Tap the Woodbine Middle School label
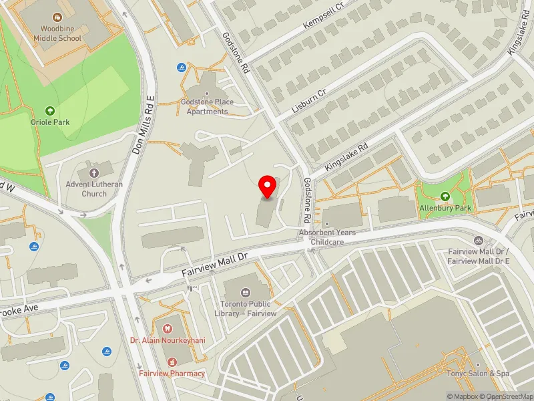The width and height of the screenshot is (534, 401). click(x=61, y=34)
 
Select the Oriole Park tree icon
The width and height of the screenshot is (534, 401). click(x=49, y=110)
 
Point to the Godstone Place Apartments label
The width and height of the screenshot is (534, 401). click(x=207, y=106)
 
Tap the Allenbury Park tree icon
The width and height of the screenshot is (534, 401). click(x=445, y=196)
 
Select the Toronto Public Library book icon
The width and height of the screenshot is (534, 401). click(x=246, y=293)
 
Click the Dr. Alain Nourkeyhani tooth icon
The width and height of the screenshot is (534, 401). click(x=167, y=328)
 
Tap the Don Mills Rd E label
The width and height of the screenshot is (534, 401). click(x=144, y=124)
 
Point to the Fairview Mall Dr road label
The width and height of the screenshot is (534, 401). click(x=215, y=265)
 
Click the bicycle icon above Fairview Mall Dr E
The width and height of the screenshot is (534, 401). click(x=477, y=241)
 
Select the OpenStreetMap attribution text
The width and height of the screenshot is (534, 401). click(x=507, y=396)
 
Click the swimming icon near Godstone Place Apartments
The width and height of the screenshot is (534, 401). click(x=182, y=68)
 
